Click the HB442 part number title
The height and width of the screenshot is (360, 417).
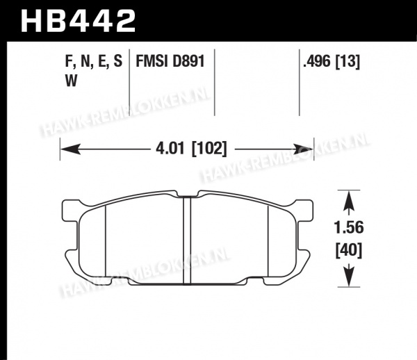[x=78, y=22]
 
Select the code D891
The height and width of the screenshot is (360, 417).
[x=188, y=61]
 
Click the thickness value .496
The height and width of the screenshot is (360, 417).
[x=318, y=61]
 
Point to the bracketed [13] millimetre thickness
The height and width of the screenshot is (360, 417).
[x=347, y=62]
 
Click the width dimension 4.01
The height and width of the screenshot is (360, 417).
[x=170, y=148]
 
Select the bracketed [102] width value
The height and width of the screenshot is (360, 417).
[x=209, y=149]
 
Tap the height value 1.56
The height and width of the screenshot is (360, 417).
[x=349, y=228]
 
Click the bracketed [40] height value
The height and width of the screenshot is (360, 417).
[x=349, y=250]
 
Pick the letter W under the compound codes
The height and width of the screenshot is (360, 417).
[x=71, y=81]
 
